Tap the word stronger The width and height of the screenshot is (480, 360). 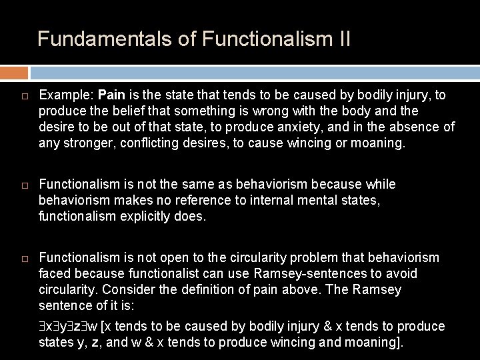[x=86, y=143]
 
